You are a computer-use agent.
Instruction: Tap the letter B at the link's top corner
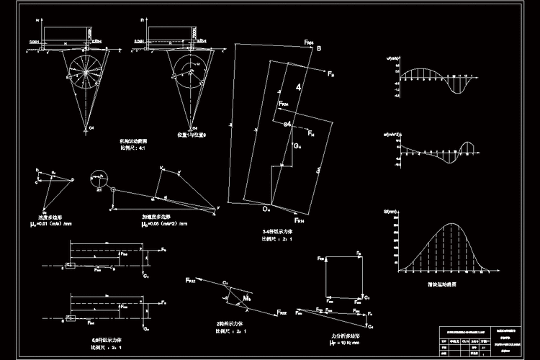(319, 48)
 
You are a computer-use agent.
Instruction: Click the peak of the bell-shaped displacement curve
(451, 224)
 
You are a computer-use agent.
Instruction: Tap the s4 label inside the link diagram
(288, 125)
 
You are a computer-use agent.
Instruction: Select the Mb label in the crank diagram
(247, 297)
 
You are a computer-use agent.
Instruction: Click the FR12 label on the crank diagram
(190, 279)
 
